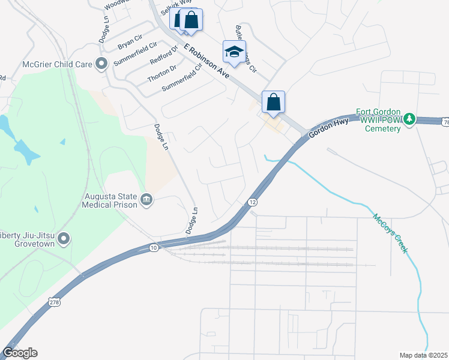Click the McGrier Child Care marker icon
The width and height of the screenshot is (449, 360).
[x=101, y=63]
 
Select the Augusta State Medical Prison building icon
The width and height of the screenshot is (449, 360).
[x=146, y=200]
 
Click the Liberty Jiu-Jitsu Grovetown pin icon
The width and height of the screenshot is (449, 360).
[x=64, y=239]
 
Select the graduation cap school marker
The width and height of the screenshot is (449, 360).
[x=234, y=52]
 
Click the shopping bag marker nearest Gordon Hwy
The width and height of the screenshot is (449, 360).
[x=273, y=103]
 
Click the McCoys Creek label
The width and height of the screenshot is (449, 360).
[x=390, y=233]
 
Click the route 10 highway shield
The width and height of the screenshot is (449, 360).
[x=154, y=247]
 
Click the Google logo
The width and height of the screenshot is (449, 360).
[x=20, y=353]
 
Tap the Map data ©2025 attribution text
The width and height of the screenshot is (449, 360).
[x=423, y=355]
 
